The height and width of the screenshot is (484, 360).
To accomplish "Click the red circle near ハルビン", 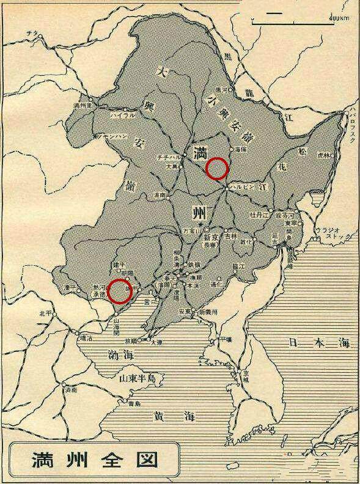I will tap(217, 167).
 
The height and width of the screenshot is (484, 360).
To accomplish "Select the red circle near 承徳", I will tap(120, 291).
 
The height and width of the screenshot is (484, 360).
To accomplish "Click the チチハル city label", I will tap(168, 156).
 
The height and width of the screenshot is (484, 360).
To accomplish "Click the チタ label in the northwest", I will tap(24, 40).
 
